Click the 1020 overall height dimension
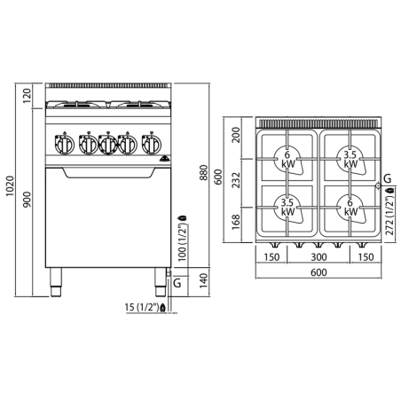click(x=9, y=188)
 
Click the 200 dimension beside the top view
click(x=236, y=135)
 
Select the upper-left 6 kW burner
click(x=287, y=160)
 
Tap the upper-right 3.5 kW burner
click(x=350, y=160)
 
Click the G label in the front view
click(x=177, y=282)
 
